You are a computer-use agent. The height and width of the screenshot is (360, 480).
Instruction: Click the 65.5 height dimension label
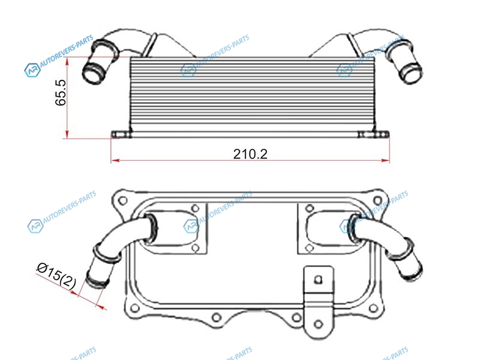[x=61, y=93]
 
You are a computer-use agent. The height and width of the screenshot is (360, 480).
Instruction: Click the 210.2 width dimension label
[x=250, y=154]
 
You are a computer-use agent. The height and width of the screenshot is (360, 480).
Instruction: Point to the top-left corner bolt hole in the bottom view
[x=123, y=201]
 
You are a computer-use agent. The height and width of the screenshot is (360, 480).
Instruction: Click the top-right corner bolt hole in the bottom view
[x=379, y=200]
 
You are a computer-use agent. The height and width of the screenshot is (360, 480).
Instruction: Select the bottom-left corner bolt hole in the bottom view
[x=134, y=308]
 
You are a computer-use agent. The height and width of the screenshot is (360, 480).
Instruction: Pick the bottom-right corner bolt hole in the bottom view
[x=373, y=308]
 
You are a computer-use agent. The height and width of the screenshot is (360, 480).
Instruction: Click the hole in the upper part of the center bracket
[x=319, y=280]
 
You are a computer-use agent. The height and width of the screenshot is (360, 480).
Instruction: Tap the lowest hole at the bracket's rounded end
[x=319, y=324]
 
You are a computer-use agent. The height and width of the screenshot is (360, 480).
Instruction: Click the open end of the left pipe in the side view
[x=93, y=73]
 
